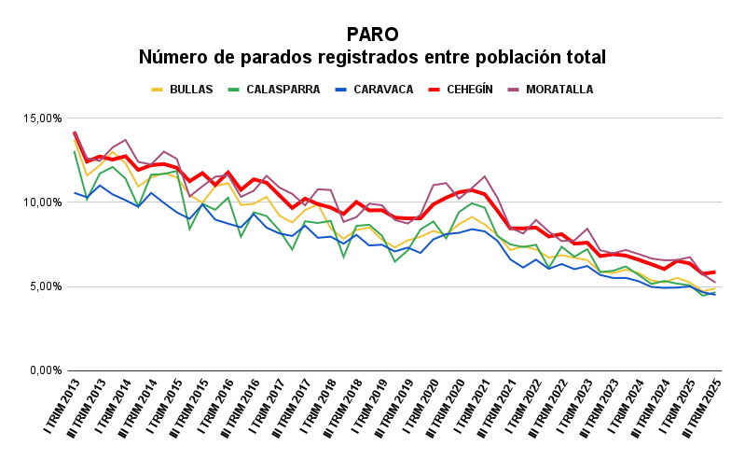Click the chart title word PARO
(372, 35)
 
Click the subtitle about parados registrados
(372, 58)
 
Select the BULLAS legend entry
(191, 90)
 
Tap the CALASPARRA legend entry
(283, 90)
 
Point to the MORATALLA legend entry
(559, 90)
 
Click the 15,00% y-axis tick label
(43, 118)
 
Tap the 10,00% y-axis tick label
(43, 202)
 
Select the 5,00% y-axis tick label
(46, 286)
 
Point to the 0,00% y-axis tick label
(46, 370)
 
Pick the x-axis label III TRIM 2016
(242, 411)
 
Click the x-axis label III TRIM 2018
(344, 411)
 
